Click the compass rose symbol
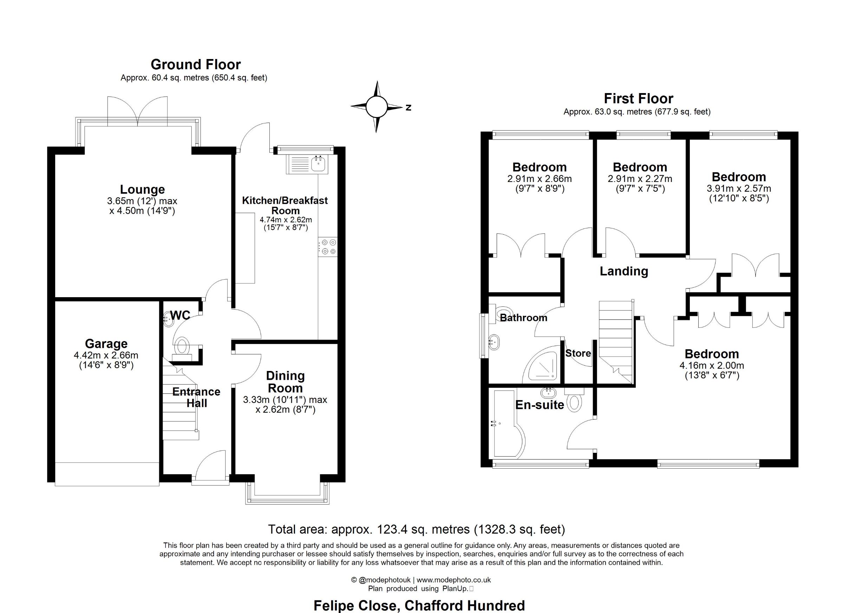point(377,107)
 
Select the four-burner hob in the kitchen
point(328,247)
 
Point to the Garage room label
point(106,343)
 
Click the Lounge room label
point(142,189)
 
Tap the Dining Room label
point(286,382)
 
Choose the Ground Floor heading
point(196,65)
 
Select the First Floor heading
point(638,98)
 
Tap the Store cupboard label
point(578,353)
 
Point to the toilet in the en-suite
point(575,400)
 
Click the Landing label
point(624,271)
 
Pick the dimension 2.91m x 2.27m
point(640,179)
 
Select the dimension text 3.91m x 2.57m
point(739,189)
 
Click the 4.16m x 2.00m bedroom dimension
point(711,365)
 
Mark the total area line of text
point(416,529)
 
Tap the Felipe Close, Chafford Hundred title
point(419,606)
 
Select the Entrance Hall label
point(196,397)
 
